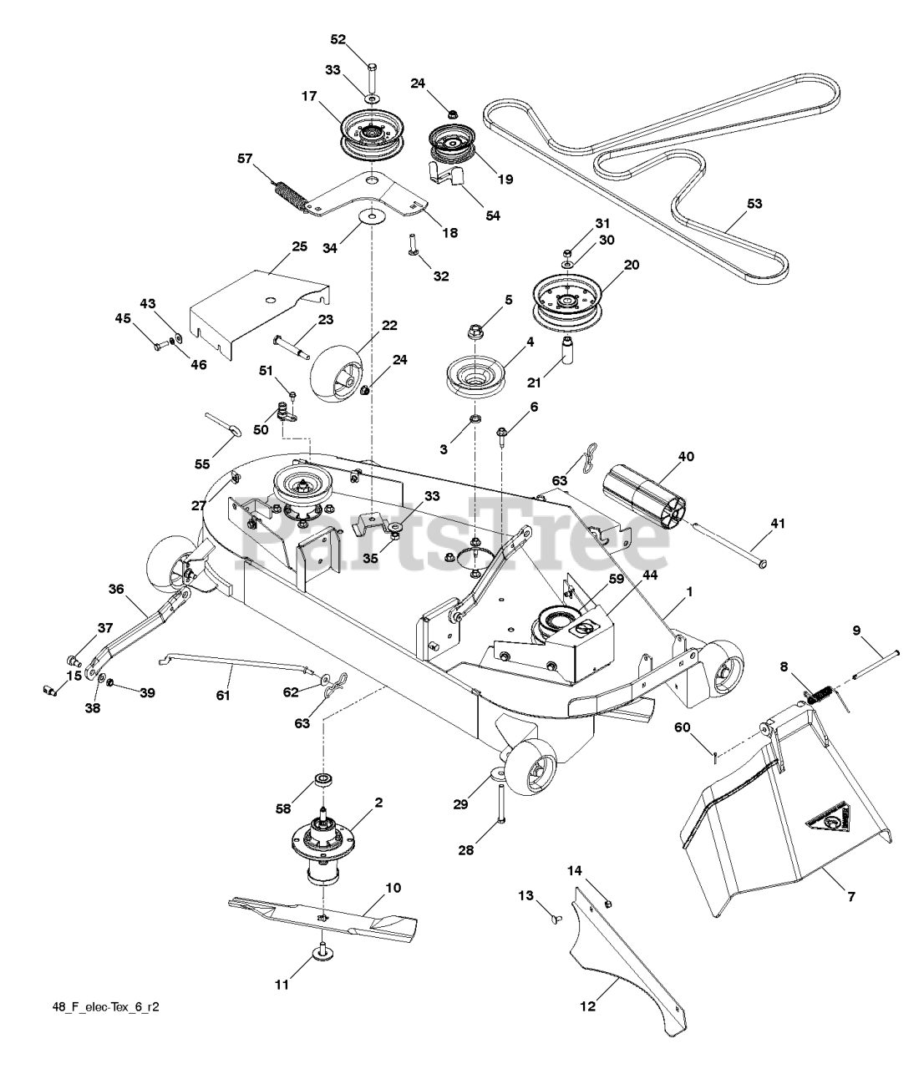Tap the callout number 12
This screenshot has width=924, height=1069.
point(588,1006)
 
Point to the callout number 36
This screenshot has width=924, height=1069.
point(116,589)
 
